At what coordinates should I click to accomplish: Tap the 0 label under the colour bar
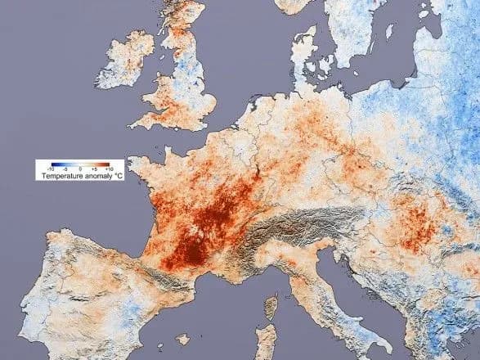pos(81,169)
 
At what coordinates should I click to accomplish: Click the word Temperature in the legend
pos(60,175)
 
